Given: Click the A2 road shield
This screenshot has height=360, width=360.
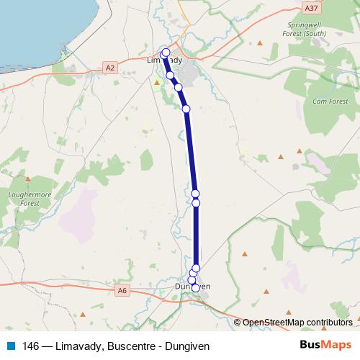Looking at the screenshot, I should tap(109, 68).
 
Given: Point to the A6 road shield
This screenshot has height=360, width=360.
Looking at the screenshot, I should tap(121, 290).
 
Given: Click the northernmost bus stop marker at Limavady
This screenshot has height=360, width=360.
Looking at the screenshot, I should tap(166, 52).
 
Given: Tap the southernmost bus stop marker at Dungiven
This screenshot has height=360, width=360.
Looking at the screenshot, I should tap(195, 288).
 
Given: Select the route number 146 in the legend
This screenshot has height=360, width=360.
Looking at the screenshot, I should tap(30, 346).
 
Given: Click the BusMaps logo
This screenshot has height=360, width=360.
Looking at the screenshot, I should tap(326, 346).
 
